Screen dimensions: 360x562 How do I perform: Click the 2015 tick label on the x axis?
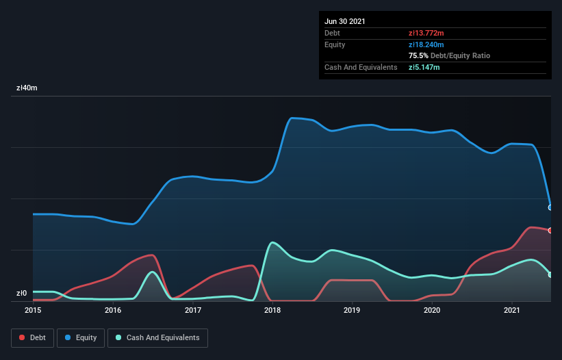tap(33, 310)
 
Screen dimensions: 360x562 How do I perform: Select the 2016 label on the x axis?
tap(113, 310)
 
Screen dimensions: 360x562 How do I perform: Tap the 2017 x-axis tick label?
tap(193, 310)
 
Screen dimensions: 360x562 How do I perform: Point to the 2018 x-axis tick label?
tap(272, 310)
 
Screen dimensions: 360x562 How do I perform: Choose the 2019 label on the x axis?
tap(353, 310)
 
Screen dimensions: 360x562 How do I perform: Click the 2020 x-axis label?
tap(432, 310)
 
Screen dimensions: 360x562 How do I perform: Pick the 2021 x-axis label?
tap(512, 310)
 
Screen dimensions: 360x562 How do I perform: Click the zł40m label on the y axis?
tap(27, 88)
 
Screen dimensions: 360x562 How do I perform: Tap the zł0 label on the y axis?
tap(21, 293)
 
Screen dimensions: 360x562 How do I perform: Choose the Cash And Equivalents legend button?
tap(157, 337)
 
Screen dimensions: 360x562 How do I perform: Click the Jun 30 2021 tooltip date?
tap(345, 21)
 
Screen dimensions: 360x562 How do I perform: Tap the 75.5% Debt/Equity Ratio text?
tap(449, 55)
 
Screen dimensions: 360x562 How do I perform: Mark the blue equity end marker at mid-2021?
tap(550, 207)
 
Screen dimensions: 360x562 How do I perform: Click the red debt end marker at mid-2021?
tap(550, 231)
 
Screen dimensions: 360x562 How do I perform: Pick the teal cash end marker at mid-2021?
tap(550, 274)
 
